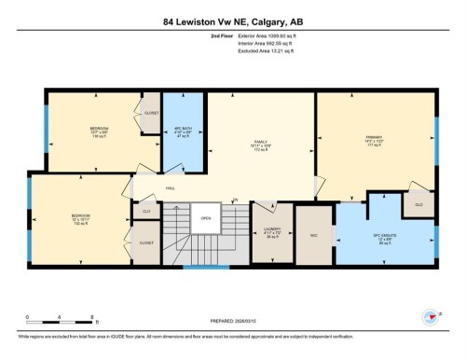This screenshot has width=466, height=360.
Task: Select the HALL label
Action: [x=171, y=189]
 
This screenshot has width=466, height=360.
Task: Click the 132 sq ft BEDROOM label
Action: [x=80, y=221]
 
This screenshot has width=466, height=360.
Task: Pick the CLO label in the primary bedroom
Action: [x=418, y=203]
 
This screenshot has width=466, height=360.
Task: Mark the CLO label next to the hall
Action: [x=146, y=212]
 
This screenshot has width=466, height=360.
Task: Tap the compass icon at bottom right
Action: [x=431, y=314]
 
